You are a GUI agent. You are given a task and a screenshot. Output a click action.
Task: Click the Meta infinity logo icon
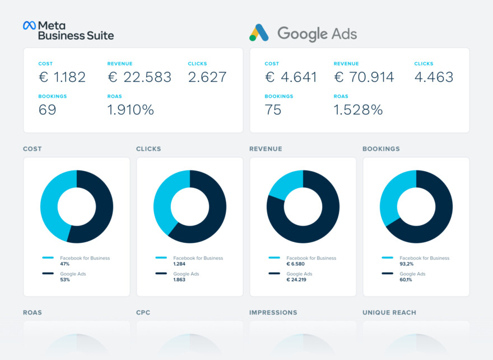coord(29,25)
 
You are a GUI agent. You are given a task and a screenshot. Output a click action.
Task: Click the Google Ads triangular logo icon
coord(259,34)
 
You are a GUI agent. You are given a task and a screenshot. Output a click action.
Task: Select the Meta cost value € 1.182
coord(62,77)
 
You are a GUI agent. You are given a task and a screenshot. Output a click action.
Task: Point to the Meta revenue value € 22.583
coord(139,77)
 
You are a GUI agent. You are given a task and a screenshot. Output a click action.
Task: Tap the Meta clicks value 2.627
coord(207,77)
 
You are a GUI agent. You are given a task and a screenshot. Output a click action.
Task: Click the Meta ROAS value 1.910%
coord(131,110)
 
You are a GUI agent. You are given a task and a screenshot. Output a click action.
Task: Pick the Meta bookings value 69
coord(47,110)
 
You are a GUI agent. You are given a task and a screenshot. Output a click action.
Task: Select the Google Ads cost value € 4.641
coord(290,77)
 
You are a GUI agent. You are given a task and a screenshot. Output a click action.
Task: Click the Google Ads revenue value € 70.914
coord(364,77)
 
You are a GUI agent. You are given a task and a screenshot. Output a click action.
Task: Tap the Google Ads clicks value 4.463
coord(434,77)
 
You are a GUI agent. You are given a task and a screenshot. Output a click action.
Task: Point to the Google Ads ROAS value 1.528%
coord(358,110)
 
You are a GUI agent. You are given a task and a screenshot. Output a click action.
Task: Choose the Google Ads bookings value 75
coord(273,110)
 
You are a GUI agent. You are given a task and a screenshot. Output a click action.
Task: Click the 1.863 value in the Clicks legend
coord(179,279)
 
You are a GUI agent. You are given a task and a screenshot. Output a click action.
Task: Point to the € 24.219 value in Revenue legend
coord(296,279)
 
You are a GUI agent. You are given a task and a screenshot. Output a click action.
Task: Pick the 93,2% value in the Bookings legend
coord(407,264)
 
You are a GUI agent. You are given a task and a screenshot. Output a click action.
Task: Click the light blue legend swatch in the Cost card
coord(48,258)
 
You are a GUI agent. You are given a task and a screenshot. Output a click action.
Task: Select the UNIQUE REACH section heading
coord(389,312)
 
